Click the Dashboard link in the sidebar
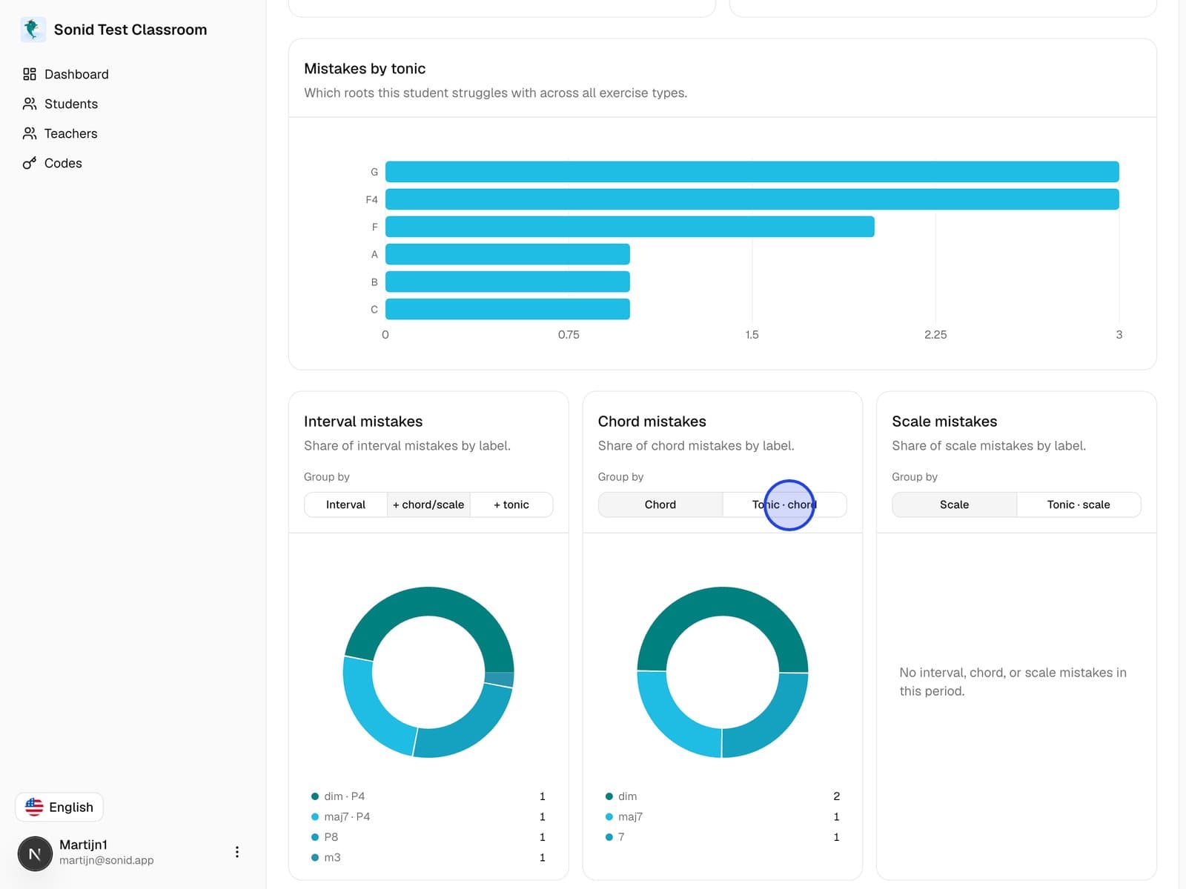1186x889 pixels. point(65,74)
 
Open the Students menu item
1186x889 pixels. point(60,104)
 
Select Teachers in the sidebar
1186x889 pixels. point(60,133)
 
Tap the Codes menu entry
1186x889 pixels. point(52,163)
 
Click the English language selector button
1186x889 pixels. point(59,807)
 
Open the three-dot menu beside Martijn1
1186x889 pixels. point(236,852)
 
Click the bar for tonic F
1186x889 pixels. point(629,227)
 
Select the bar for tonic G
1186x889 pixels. point(752,172)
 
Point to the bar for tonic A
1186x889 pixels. point(507,254)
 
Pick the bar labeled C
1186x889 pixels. point(507,309)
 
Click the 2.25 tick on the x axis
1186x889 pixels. point(935,335)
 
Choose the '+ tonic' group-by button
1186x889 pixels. point(511,505)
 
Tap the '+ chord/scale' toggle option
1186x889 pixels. point(428,505)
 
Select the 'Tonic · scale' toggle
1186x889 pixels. point(1079,505)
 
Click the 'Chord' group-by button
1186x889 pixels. point(660,505)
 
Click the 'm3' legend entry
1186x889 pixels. point(332,857)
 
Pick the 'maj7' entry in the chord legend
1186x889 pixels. point(630,816)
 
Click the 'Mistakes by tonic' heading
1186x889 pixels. point(365,69)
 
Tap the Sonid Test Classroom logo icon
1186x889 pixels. point(33,29)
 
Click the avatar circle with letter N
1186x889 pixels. point(35,853)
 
